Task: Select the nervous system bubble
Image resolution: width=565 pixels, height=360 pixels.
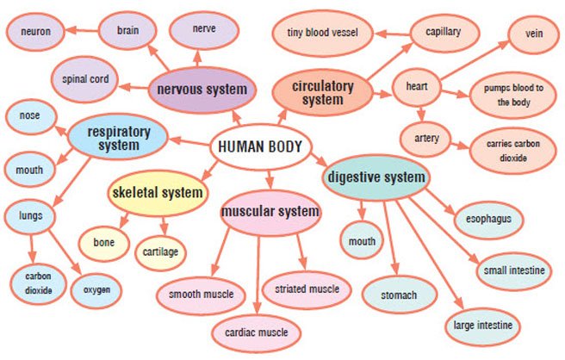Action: (201, 89)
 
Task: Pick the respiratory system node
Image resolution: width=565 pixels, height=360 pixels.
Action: (119, 137)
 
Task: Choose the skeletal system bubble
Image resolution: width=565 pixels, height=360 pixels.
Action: (158, 191)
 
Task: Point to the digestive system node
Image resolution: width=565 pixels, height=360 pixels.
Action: (376, 178)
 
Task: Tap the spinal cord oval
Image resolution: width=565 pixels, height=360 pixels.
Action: (85, 80)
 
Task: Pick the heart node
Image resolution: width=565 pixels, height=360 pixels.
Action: (418, 87)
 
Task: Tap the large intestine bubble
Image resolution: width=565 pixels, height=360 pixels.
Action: (483, 325)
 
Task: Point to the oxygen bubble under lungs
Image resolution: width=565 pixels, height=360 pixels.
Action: (96, 290)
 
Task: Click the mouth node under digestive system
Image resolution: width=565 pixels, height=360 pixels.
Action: (362, 242)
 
